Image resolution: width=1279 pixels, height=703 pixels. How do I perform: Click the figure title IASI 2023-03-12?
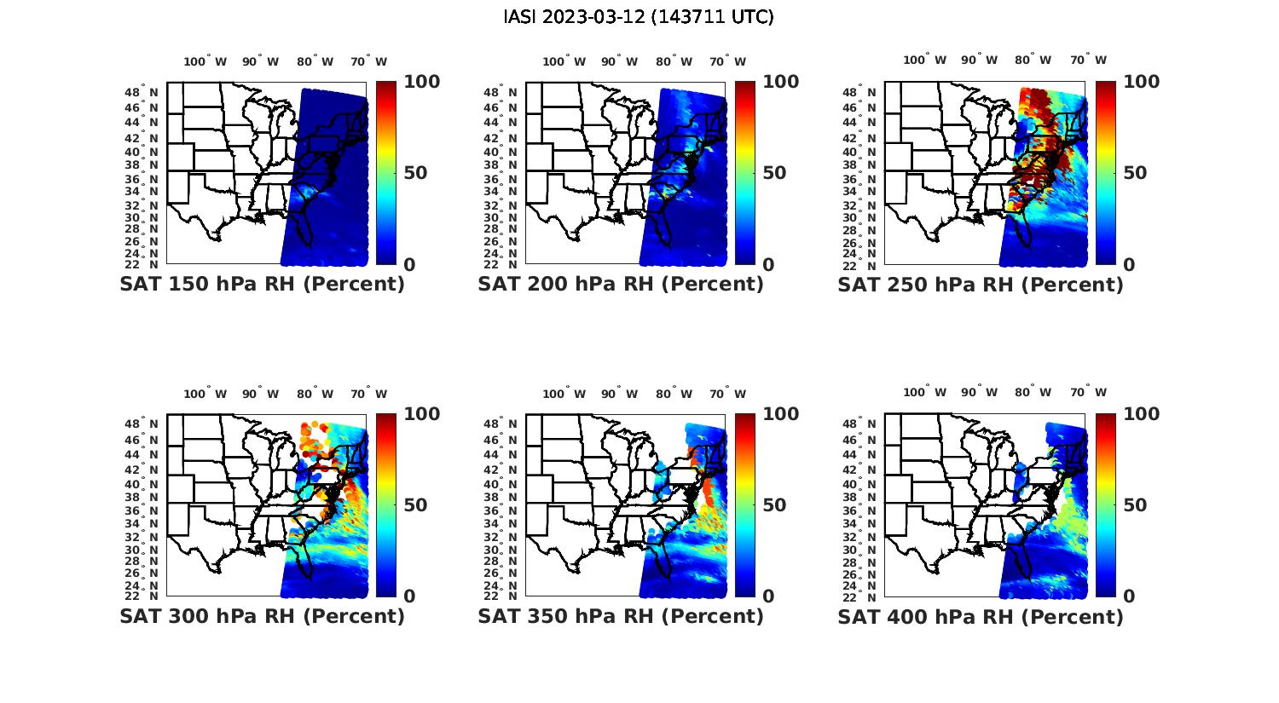pos(639,17)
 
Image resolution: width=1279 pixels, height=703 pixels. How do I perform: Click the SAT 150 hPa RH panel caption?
pos(262,285)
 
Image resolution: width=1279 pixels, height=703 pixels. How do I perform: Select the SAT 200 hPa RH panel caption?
pos(621,285)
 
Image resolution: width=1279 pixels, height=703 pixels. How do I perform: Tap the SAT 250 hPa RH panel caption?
pos(981,285)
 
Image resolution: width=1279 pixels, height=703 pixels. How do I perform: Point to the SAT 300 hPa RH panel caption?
pos(262,616)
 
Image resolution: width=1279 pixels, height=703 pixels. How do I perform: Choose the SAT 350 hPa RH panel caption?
pos(621,616)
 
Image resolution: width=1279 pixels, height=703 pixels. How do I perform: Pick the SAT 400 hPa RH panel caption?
pos(981,616)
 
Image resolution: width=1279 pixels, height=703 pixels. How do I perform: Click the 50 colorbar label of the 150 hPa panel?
pos(415,173)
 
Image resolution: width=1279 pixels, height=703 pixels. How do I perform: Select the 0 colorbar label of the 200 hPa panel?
pos(768,265)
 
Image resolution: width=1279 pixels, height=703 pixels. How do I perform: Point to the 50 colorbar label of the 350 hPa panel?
pos(774,505)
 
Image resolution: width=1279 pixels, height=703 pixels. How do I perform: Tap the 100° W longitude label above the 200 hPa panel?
pos(564,61)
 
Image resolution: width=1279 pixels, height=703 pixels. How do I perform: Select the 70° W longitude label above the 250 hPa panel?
pos(1088,60)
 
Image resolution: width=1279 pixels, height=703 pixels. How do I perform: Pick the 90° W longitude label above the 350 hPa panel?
pos(619,394)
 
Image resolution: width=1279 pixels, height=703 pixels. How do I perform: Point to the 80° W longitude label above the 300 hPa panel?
pos(315,394)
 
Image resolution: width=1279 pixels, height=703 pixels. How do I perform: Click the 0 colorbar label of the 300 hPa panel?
pos(409,596)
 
